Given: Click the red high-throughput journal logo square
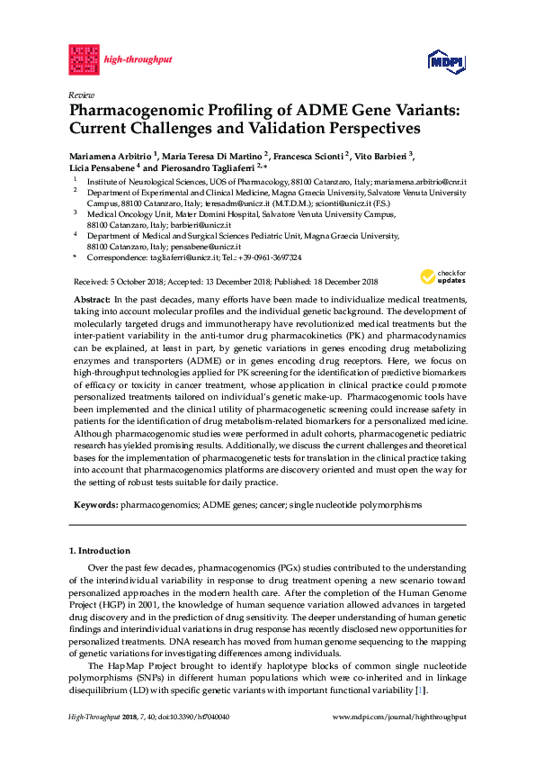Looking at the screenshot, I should [84, 59].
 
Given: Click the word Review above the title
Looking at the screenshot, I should [80, 94].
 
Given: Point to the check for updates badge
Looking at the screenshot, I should [450, 275].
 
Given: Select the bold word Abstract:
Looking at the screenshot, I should [91, 298].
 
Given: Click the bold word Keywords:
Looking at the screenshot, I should [94, 505].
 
